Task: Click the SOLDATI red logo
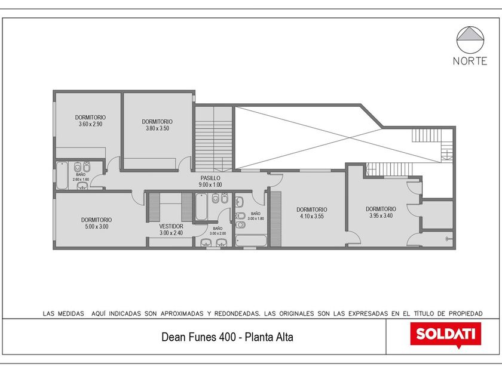(446, 334)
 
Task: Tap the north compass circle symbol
(470, 39)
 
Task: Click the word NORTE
(470, 61)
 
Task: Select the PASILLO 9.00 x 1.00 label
(210, 181)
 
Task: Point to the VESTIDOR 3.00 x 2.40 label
(172, 230)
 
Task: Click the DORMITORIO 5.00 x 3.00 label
(96, 223)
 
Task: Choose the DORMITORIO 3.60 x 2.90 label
(90, 121)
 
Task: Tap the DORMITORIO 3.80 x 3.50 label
(157, 125)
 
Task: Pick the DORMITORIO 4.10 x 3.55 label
(312, 213)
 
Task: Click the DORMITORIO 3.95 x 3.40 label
(381, 212)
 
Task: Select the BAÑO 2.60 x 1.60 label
(81, 177)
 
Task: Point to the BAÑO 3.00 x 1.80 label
(256, 216)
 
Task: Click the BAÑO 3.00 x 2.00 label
(218, 231)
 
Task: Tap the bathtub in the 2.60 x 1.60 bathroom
(62, 175)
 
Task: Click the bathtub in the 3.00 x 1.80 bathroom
(251, 241)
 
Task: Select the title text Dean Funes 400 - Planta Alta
(227, 337)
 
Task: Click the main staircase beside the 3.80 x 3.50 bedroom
(213, 138)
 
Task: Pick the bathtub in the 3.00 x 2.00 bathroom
(201, 207)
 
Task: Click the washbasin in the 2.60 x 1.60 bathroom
(82, 186)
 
